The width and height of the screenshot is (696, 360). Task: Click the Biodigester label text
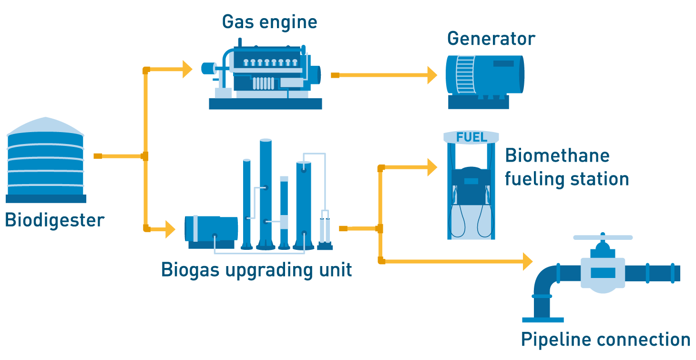(54, 221)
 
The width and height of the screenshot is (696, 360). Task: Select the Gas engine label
(269, 22)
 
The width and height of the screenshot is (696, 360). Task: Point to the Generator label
(491, 39)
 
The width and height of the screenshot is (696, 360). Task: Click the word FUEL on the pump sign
(471, 137)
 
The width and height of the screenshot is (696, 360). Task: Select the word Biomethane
(557, 156)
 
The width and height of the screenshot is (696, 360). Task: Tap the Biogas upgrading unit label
(256, 270)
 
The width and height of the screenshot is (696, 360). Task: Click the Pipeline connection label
(605, 340)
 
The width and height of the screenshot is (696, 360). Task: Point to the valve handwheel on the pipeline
(603, 237)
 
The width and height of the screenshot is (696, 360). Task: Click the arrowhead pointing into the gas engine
(187, 69)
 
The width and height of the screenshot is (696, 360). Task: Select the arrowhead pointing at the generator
(431, 75)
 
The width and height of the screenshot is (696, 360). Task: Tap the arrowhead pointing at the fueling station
(432, 167)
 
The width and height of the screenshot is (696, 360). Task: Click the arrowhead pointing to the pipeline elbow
(527, 261)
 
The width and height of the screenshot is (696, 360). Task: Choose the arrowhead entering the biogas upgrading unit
(170, 229)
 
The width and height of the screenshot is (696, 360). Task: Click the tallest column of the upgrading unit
(266, 191)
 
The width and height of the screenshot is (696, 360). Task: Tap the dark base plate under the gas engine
(265, 104)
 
